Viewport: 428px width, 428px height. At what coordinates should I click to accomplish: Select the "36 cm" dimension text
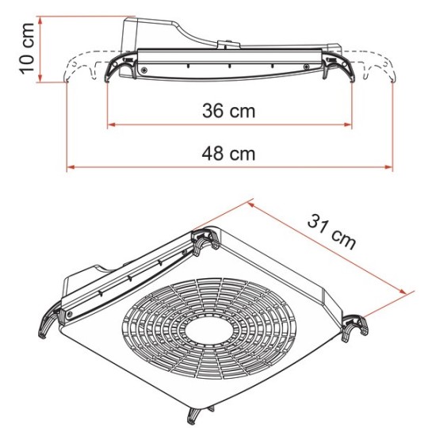click(x=228, y=111)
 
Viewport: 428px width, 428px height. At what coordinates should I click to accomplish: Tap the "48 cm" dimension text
click(x=228, y=154)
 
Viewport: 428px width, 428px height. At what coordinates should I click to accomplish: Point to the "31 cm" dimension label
click(x=331, y=232)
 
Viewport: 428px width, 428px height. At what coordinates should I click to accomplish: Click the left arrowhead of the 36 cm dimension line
click(x=110, y=124)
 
